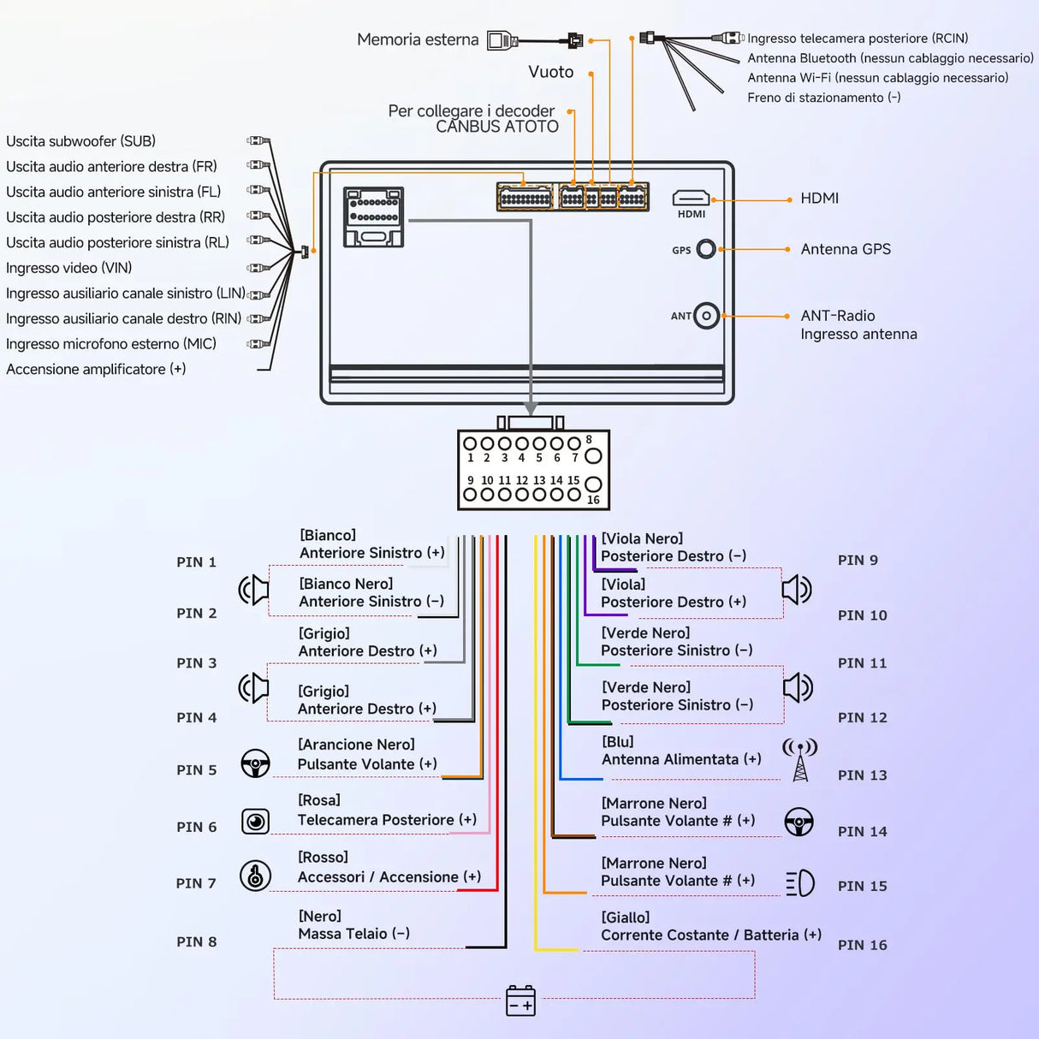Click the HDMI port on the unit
691,199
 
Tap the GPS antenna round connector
706,249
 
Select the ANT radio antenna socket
706,316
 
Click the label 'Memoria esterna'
418,39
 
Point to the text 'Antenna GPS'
846,249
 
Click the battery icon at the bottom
520,1000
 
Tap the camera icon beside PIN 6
255,822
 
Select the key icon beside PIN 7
255,876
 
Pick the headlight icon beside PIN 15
800,883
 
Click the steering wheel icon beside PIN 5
255,763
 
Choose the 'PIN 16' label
862,945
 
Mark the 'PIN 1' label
196,562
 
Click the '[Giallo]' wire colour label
625,917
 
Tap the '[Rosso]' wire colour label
323,858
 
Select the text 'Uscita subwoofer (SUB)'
80,141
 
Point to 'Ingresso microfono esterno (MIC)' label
111,344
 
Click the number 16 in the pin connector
593,500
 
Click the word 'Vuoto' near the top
550,72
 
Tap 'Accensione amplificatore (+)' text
96,369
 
